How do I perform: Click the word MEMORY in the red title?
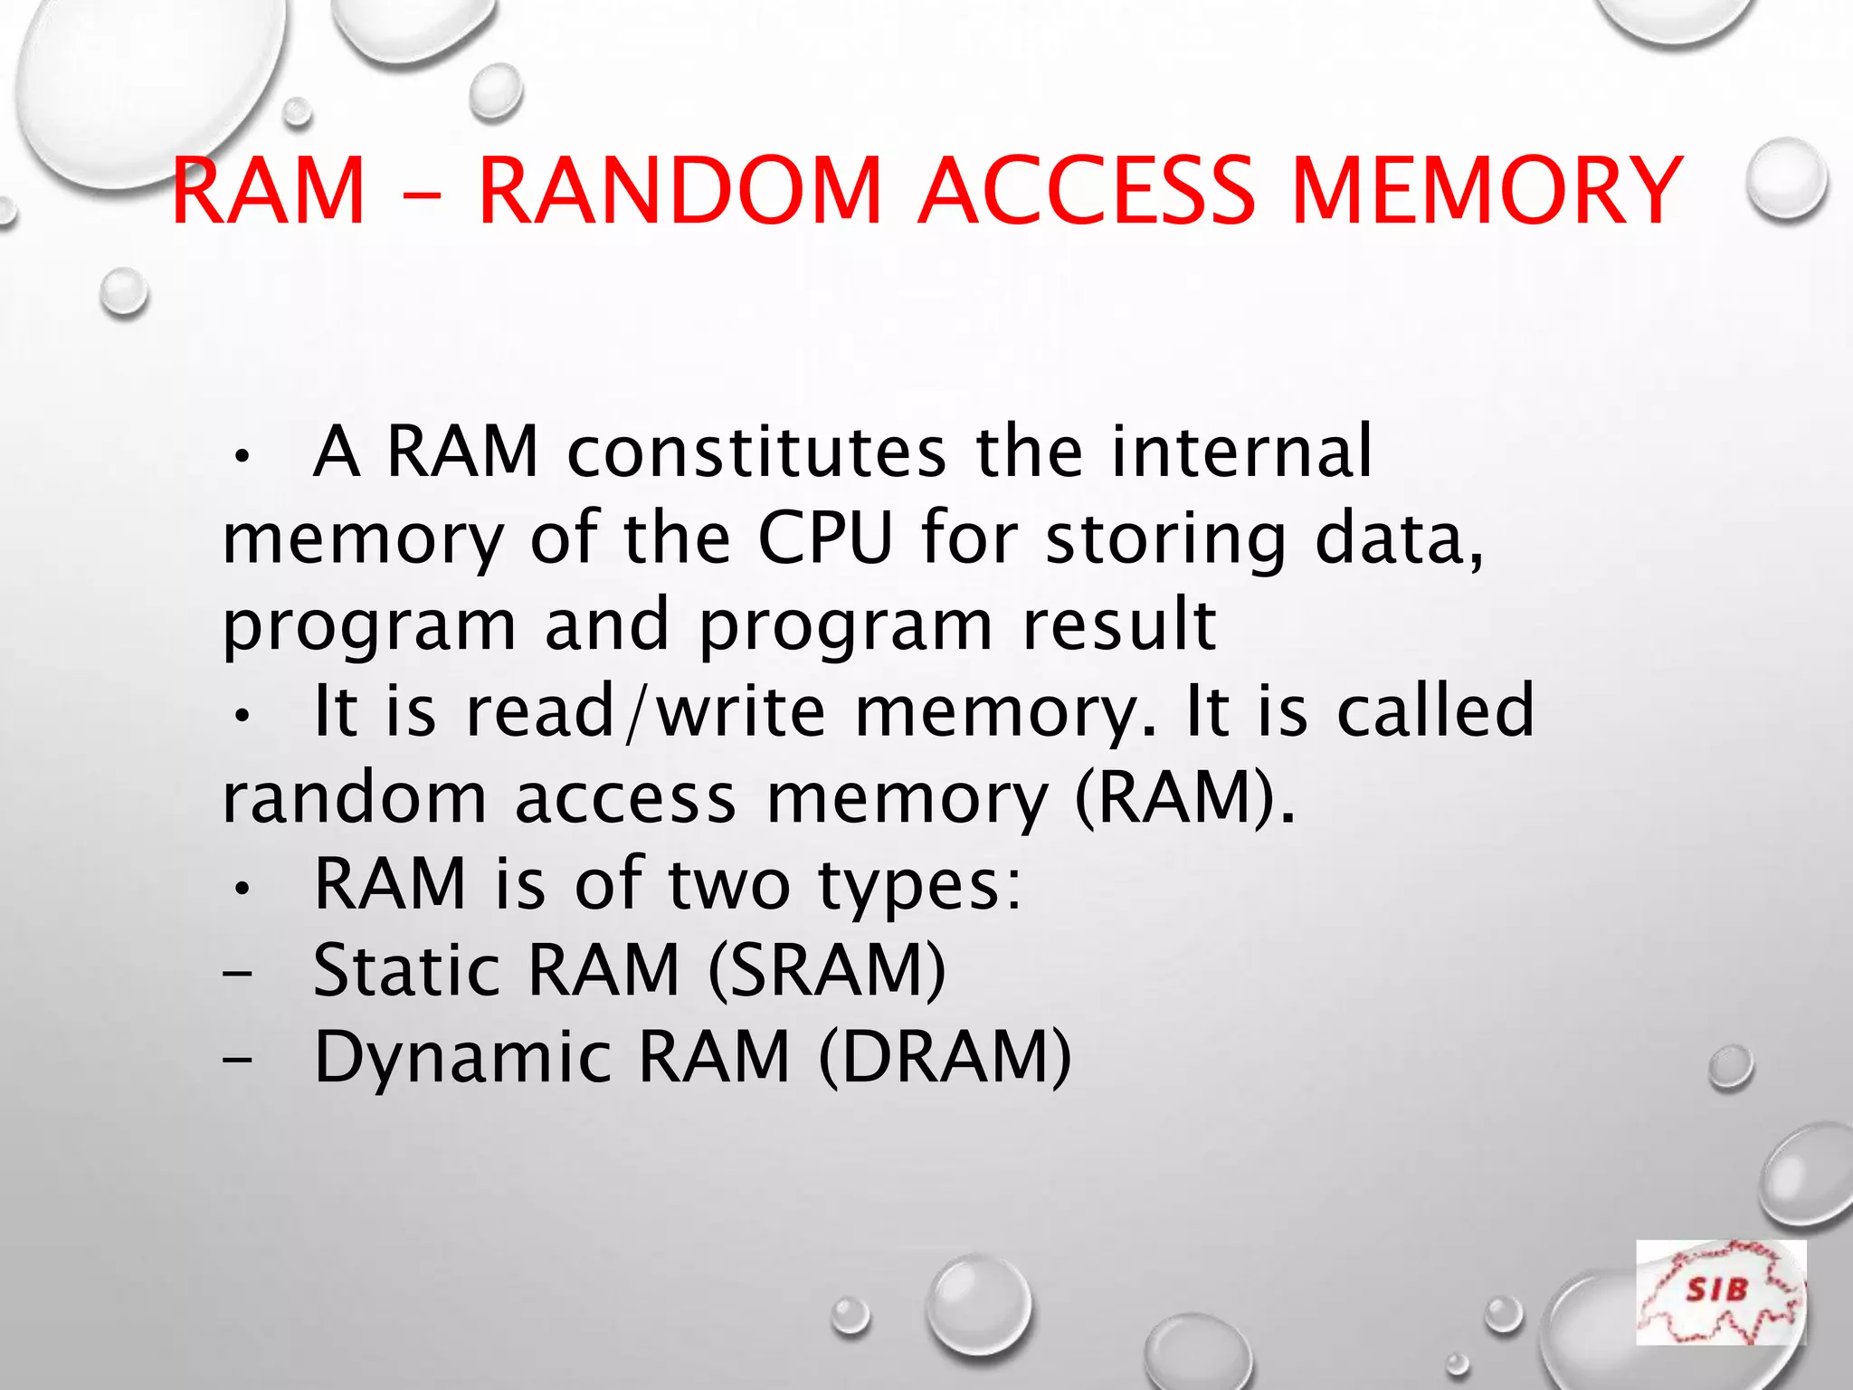pyautogui.click(x=1486, y=191)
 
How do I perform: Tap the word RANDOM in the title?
pyautogui.click(x=679, y=191)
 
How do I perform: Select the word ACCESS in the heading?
pyautogui.click(x=1086, y=191)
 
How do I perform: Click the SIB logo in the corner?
pyautogui.click(x=1720, y=1292)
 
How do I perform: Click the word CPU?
pyautogui.click(x=824, y=538)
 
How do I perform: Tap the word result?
pyautogui.click(x=1119, y=624)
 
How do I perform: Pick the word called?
pyautogui.click(x=1436, y=710)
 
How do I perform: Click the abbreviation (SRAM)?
pyautogui.click(x=827, y=971)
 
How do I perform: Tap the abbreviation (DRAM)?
pyautogui.click(x=946, y=1058)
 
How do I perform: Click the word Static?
pyautogui.click(x=406, y=971)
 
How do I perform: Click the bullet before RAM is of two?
pyautogui.click(x=240, y=890)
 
